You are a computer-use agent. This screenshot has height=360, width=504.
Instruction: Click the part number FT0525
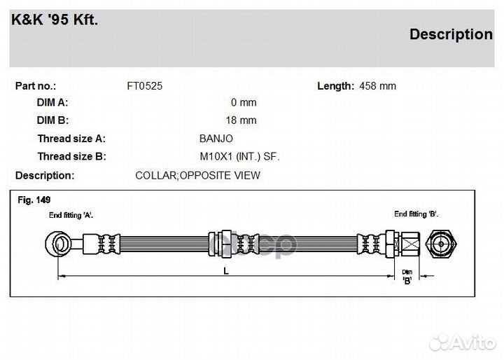(x=145, y=86)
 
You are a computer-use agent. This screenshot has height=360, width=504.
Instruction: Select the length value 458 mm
(x=377, y=86)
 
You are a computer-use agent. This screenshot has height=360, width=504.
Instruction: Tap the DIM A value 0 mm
(x=244, y=102)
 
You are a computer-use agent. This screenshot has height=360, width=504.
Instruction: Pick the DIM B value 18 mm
(x=241, y=120)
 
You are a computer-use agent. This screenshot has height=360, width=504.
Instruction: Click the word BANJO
(x=216, y=139)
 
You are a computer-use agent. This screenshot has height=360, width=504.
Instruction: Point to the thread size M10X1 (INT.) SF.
(x=239, y=156)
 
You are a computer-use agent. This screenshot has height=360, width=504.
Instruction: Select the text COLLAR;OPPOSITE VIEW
(x=197, y=175)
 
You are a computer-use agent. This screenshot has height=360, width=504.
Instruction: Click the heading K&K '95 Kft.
(x=55, y=20)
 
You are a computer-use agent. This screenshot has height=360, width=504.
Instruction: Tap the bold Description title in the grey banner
(x=451, y=34)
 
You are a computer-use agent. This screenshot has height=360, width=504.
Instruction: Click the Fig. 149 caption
(x=34, y=200)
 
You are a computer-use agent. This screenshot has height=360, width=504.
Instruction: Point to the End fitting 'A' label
(x=71, y=215)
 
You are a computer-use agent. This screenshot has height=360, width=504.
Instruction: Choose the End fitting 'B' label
(x=416, y=214)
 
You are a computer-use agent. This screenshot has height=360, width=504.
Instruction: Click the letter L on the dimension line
(x=226, y=271)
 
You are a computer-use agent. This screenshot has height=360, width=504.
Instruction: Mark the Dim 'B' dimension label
(x=407, y=277)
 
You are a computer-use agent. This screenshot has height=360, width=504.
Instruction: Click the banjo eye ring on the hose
(x=59, y=244)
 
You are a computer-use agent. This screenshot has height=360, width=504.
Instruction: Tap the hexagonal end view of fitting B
(x=441, y=244)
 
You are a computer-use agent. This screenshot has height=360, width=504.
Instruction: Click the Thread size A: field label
(x=71, y=139)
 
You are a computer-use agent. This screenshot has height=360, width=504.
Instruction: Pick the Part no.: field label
(x=36, y=86)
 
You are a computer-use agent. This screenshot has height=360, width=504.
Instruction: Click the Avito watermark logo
(x=463, y=342)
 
